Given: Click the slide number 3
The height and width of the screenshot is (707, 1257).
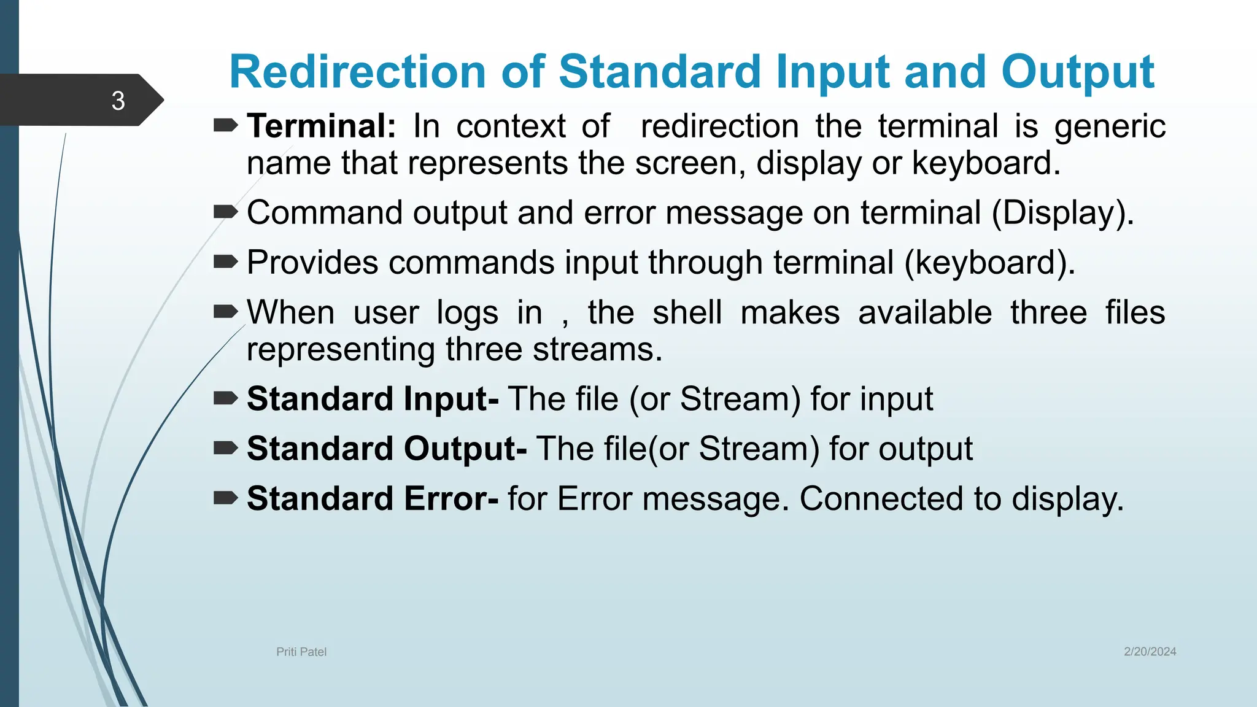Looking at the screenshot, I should (x=118, y=101).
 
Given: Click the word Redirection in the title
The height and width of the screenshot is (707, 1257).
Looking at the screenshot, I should (x=358, y=72).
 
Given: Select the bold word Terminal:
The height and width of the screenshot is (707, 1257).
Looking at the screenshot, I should (x=322, y=126).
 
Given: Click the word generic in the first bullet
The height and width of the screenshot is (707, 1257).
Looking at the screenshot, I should (x=1110, y=126).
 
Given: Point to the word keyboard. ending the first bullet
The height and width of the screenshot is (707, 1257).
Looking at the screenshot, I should (x=986, y=163).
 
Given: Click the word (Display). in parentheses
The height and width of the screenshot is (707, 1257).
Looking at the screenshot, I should (x=1062, y=213).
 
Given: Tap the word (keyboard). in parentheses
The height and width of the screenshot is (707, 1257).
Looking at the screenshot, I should (x=989, y=263).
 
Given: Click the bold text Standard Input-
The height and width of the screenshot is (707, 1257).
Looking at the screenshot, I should (x=373, y=399).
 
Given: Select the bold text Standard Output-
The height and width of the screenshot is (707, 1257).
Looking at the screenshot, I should (x=387, y=449).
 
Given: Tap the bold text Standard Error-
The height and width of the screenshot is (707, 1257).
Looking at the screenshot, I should (x=373, y=498).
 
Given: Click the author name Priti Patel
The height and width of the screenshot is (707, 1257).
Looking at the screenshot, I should (x=301, y=652).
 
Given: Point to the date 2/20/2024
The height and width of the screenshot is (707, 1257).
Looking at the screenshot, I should (x=1150, y=652).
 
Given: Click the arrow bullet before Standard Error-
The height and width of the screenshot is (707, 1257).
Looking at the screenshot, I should (x=225, y=498).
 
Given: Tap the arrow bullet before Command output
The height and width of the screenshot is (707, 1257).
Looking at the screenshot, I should (x=225, y=212).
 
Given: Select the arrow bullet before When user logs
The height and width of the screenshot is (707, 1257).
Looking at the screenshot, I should (x=225, y=312).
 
